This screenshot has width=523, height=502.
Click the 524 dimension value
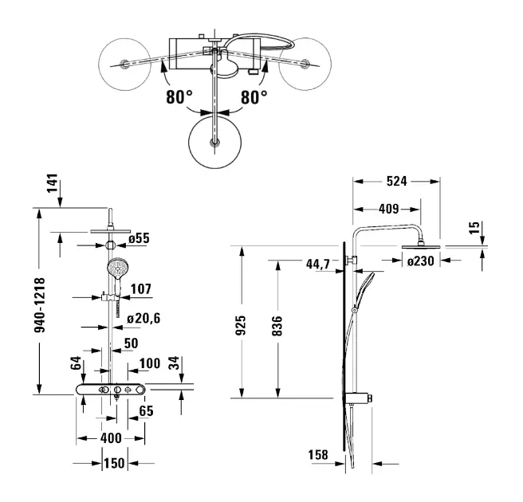(x=395, y=182)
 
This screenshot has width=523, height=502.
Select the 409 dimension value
(x=387, y=210)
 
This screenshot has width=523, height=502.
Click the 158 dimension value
(x=317, y=455)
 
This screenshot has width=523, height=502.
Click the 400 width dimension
(x=111, y=438)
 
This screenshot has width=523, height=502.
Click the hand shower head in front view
(x=116, y=268)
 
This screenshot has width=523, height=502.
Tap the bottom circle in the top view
(x=214, y=143)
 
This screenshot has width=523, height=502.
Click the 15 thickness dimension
(x=475, y=229)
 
